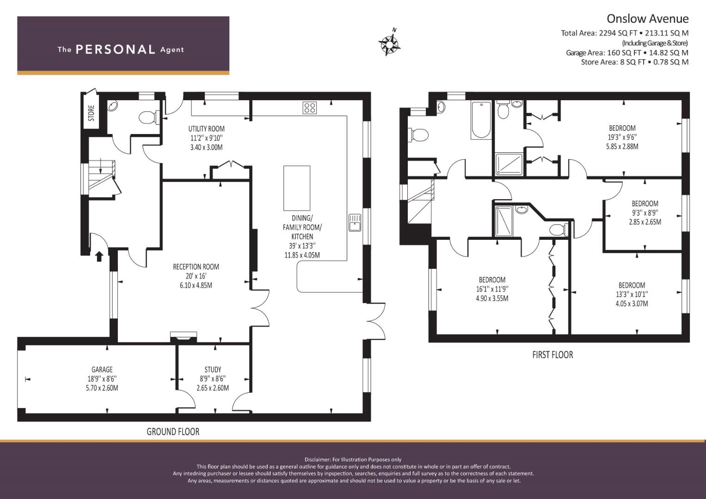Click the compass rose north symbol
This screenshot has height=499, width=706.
click(x=390, y=43)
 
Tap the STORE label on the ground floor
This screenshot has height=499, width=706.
click(x=92, y=113)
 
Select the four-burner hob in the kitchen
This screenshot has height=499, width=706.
click(x=309, y=107)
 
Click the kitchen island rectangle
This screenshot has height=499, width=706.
click(x=296, y=188)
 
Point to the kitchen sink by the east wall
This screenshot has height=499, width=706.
click(x=355, y=222)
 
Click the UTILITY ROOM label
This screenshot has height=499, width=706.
click(x=207, y=128)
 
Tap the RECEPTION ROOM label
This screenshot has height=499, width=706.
click(x=196, y=267)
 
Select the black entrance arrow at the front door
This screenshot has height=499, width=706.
click(x=99, y=256)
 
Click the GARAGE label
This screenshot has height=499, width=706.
click(x=102, y=369)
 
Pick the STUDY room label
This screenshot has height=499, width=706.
click(x=213, y=369)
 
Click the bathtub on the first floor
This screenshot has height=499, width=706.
click(x=481, y=120)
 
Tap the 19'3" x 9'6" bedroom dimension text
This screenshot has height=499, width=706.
click(x=622, y=137)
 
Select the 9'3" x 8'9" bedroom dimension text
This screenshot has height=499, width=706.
click(x=645, y=213)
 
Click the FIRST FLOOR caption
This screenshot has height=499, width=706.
click(x=553, y=355)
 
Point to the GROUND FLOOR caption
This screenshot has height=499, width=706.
click(x=173, y=432)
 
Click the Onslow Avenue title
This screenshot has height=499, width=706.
click(x=648, y=18)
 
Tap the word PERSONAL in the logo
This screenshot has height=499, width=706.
click(x=116, y=49)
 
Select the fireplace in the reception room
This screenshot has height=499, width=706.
click(x=184, y=336)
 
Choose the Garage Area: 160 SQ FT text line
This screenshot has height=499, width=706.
click(x=627, y=53)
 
